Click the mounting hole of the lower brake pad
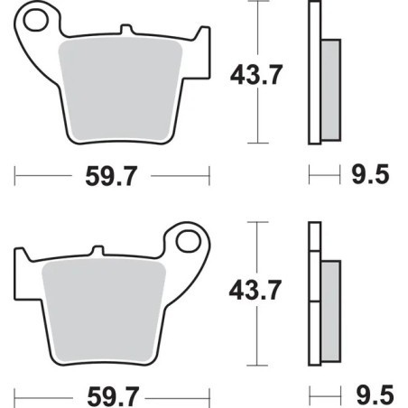click(188, 241)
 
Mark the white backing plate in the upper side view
click(314, 72)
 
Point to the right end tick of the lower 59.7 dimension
click(209, 394)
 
